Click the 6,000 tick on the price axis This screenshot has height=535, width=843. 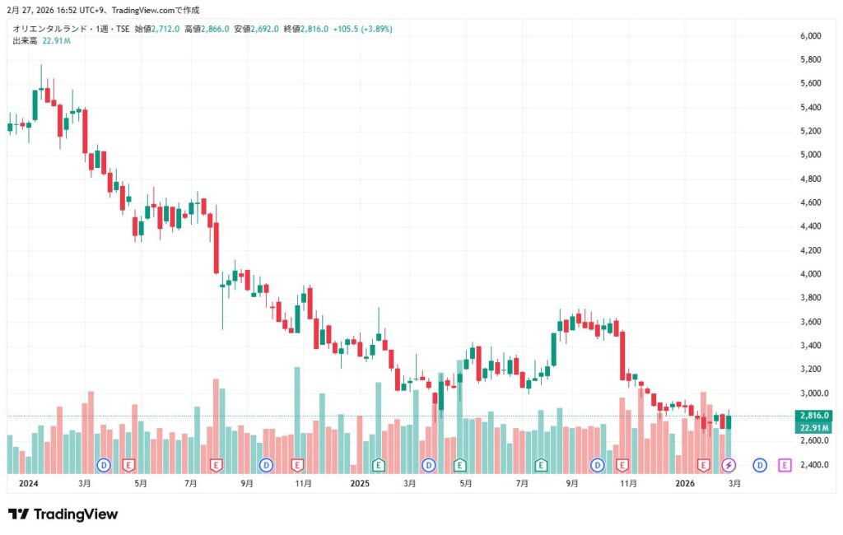coord(811,36)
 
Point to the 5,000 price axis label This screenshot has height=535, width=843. coord(811,155)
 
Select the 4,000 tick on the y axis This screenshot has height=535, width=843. coord(811,274)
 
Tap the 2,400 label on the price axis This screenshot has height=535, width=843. coord(811,465)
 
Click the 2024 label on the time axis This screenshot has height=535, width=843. coord(28,484)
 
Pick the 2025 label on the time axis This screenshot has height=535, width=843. coord(360,484)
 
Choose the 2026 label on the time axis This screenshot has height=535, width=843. coord(686,484)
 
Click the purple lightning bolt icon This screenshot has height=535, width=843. coord(729,465)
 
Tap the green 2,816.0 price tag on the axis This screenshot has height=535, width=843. coord(814,416)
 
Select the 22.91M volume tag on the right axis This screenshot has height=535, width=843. coord(814,428)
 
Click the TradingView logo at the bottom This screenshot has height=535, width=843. coord(63,514)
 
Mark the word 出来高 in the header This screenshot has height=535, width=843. coord(25,40)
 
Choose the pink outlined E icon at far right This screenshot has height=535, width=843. coord(785,465)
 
